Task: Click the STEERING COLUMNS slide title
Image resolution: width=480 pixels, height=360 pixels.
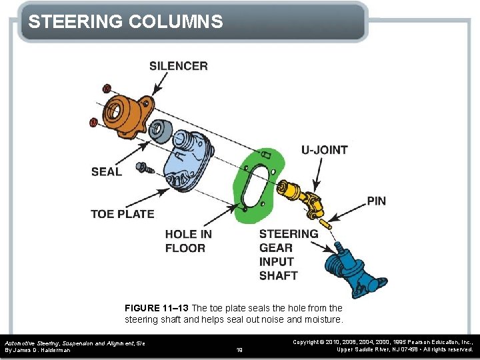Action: tap(125, 22)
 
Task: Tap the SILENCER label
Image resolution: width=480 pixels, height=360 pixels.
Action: tap(178, 65)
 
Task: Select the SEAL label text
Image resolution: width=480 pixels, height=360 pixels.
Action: tap(107, 172)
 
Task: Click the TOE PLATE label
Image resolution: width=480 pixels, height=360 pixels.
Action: tap(122, 214)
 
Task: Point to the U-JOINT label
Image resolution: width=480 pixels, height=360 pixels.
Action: tap(324, 150)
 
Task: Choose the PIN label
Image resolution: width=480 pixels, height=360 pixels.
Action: tap(376, 201)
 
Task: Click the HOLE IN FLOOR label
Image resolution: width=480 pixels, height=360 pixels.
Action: tap(189, 241)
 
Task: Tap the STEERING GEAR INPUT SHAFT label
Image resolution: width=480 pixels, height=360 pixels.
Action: tap(288, 255)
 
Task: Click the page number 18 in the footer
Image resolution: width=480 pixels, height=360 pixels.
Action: tap(239, 349)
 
